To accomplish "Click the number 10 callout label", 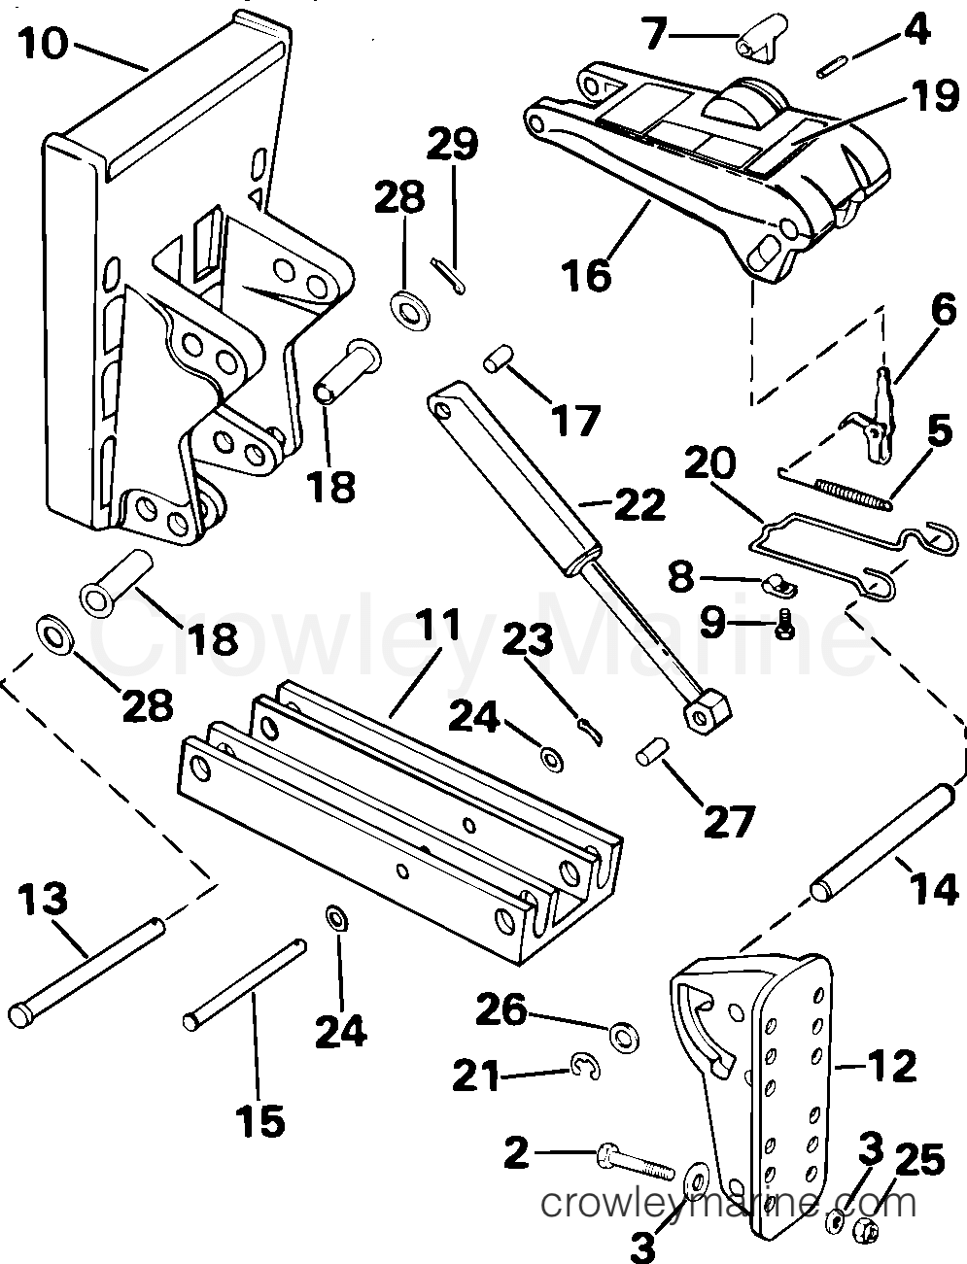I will [43, 43].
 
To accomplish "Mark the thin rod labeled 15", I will [245, 981].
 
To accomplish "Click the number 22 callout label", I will [639, 505].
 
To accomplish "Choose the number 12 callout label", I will [889, 1067].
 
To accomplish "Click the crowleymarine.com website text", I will [728, 1205].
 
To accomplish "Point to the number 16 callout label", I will [586, 274].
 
